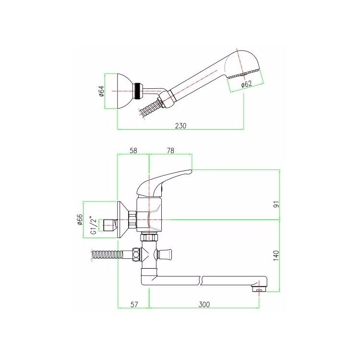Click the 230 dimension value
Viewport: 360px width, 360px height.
pyautogui.click(x=181, y=126)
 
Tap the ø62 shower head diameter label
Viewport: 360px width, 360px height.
pyautogui.click(x=247, y=84)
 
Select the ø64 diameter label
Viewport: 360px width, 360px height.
pyautogui.click(x=101, y=91)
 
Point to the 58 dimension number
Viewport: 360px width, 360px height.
pyautogui.click(x=133, y=151)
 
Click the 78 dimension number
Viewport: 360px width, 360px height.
pyautogui.click(x=170, y=151)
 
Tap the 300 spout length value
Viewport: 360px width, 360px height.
pyautogui.click(x=204, y=304)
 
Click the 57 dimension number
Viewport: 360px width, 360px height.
pyautogui.click(x=134, y=304)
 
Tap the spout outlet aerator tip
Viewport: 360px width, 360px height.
pyautogui.click(x=259, y=289)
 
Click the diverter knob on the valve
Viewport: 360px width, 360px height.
pyautogui.click(x=163, y=253)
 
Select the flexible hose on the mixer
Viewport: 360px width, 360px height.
pyautogui.click(x=107, y=255)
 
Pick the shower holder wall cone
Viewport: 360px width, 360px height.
pyautogui.click(x=126, y=91)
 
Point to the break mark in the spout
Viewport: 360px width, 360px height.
pyautogui.click(x=202, y=281)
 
